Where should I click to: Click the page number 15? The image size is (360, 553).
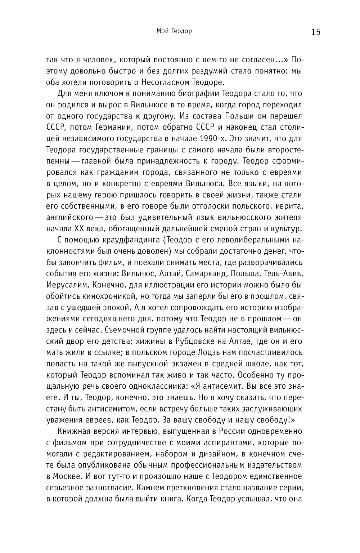click(x=316, y=32)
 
